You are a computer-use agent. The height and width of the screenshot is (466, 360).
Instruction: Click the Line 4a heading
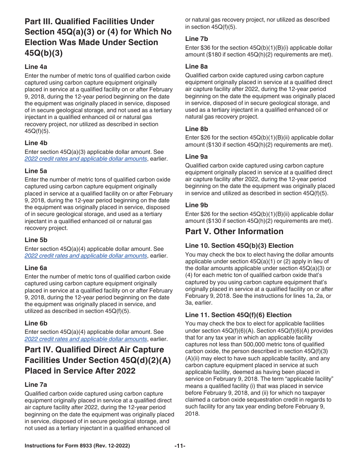click(36, 67)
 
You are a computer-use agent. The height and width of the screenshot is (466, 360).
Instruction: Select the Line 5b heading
click(36, 240)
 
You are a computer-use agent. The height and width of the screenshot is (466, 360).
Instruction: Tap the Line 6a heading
click(36, 268)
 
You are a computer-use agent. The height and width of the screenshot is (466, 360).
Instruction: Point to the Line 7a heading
click(36, 385)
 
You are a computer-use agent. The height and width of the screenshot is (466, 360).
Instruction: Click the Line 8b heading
click(197, 129)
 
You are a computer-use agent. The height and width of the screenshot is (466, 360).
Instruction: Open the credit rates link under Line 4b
click(86, 159)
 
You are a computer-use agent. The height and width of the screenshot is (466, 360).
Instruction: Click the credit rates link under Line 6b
click(86, 339)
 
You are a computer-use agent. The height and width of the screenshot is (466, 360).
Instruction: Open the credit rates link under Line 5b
click(86, 256)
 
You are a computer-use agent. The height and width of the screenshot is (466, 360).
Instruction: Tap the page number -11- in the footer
click(180, 446)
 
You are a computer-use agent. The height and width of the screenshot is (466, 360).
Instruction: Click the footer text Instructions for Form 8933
click(77, 446)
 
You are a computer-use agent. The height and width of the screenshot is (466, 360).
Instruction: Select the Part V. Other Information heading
click(234, 231)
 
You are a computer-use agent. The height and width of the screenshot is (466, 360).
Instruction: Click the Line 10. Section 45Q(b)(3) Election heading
click(239, 246)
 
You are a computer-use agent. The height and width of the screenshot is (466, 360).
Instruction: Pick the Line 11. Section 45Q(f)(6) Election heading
click(238, 315)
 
